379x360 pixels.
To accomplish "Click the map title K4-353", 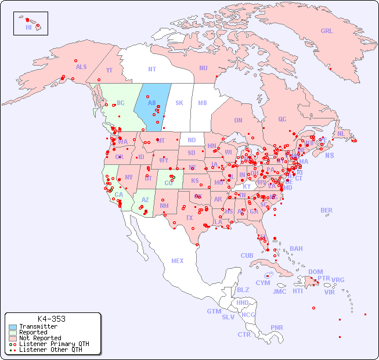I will tap(51, 319).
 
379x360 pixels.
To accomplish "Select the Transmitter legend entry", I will tap(38, 326).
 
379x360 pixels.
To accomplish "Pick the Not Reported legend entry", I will tap(39, 338).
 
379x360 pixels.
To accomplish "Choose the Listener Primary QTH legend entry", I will tap(53, 344).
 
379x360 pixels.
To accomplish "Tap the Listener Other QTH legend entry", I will tap(50, 350).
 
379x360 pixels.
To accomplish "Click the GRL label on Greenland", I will tap(327, 31).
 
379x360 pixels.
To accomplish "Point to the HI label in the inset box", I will tap(28, 27).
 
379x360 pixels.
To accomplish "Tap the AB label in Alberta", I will tap(151, 103).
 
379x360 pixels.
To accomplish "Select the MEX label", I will tap(178, 261).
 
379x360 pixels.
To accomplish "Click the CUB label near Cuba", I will tap(247, 255).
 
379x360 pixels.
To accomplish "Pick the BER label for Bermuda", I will tap(327, 210).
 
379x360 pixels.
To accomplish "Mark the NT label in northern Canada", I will tap(151, 69).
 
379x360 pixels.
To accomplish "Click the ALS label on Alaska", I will tap(81, 67).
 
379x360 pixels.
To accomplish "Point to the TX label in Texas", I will tap(189, 218).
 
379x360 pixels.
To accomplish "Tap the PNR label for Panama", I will tap(277, 327).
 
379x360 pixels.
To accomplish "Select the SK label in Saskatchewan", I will tap(179, 103).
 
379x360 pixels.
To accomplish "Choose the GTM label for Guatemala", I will tap(214, 311).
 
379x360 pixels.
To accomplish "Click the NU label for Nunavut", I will tap(203, 68).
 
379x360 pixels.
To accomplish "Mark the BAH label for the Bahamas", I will tap(296, 249).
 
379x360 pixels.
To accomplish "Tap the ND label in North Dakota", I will tap(192, 140).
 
